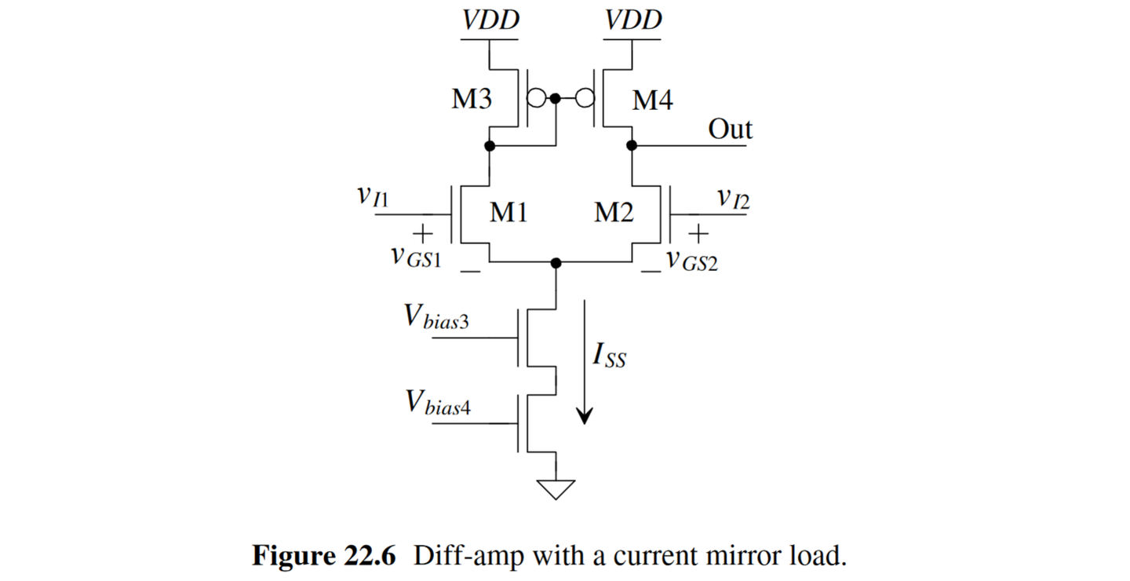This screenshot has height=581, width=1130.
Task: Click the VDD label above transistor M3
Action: (x=490, y=20)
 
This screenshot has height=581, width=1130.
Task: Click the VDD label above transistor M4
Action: (x=632, y=20)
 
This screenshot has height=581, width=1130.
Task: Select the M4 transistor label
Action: (x=652, y=100)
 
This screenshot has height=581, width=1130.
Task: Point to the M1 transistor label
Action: (x=508, y=213)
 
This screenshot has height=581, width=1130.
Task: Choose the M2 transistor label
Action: (x=614, y=213)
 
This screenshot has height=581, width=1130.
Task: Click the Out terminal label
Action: (x=730, y=130)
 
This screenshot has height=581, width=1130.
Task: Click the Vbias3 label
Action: (x=436, y=317)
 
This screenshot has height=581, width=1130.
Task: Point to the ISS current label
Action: (x=610, y=357)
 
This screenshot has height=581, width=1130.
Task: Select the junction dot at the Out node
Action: (x=632, y=146)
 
